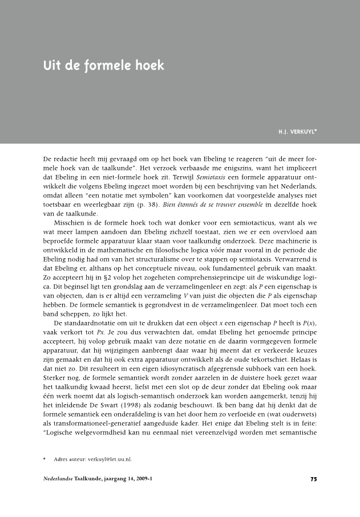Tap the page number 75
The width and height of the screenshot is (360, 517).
[313, 479]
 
